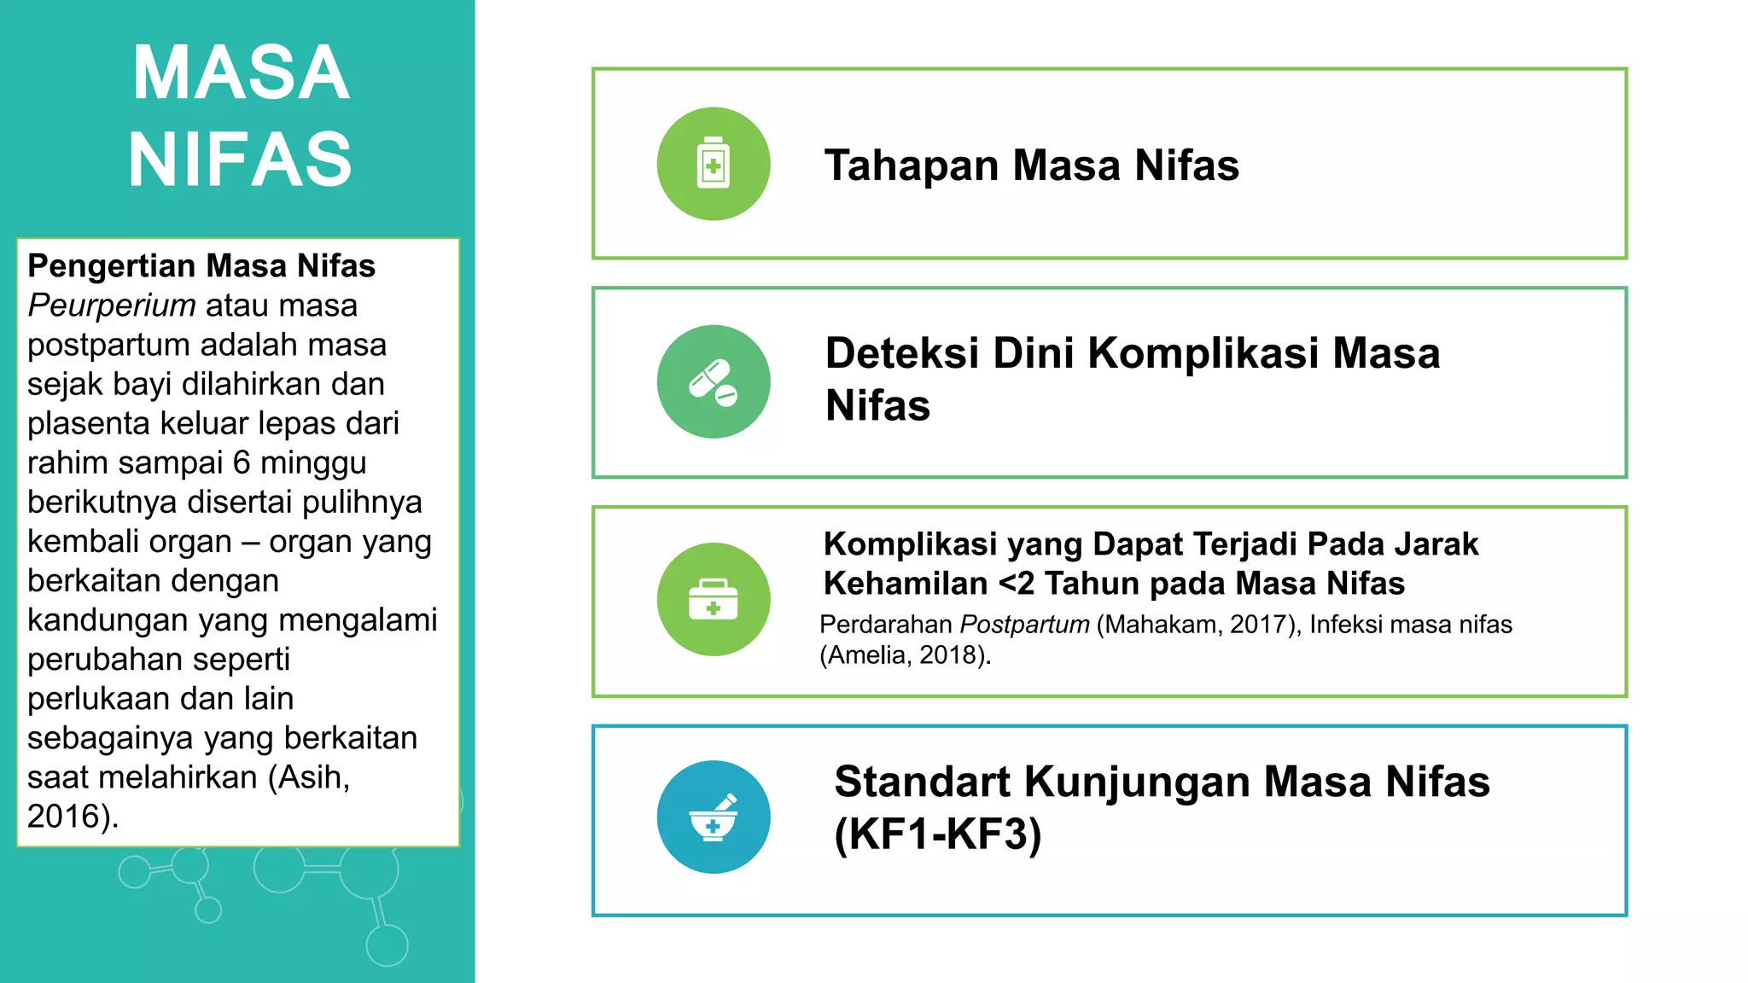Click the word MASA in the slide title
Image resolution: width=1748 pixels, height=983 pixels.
coord(241,73)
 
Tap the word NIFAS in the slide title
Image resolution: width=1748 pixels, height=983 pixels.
coord(241,160)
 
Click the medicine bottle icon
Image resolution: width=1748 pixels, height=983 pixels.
coord(714,164)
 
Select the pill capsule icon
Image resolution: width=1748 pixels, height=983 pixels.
coord(714,381)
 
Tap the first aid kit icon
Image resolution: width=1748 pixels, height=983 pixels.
coord(714,599)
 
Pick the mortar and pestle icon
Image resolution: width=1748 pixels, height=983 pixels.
coord(714,817)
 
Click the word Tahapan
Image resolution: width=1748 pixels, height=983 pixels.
coord(911,166)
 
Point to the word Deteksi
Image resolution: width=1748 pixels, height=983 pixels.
coord(901,353)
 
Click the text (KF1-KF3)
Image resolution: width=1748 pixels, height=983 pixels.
coord(938,834)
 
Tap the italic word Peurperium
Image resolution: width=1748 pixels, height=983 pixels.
coord(112,305)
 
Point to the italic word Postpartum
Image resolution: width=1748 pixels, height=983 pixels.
coord(1024,625)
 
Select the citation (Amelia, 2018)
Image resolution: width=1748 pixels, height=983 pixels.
coord(905,655)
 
